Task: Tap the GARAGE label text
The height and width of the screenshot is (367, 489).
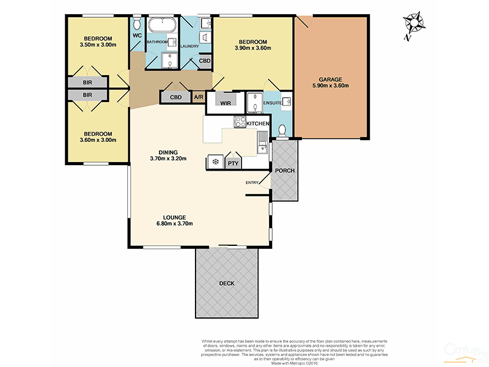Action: pyautogui.click(x=330, y=79)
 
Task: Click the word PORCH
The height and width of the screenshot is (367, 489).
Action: pyautogui.click(x=285, y=170)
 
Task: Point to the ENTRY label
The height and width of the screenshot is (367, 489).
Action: pyautogui.click(x=252, y=182)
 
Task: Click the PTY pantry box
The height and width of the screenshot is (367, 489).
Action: pyautogui.click(x=233, y=163)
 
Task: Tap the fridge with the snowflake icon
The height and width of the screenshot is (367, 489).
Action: pyautogui.click(x=215, y=161)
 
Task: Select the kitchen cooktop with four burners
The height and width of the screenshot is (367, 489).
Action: pyautogui.click(x=240, y=122)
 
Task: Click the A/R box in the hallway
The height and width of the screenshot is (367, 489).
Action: pyautogui.click(x=199, y=97)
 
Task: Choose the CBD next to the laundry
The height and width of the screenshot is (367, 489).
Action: pyautogui.click(x=205, y=61)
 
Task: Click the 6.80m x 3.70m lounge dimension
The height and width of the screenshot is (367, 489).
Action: pyautogui.click(x=174, y=224)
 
